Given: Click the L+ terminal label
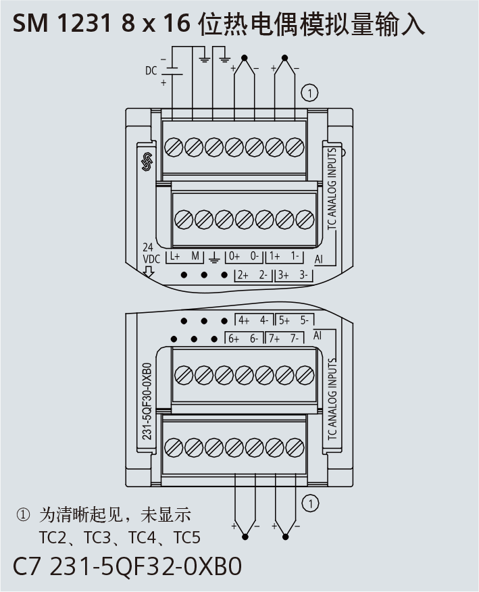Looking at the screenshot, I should tap(175, 256).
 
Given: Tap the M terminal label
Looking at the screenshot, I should tap(195, 256).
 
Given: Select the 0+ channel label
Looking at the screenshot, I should tap(234, 256).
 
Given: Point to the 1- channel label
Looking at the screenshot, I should tap(295, 256).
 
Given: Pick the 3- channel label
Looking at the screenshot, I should tap(303, 275).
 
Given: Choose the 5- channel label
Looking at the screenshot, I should tap(304, 320).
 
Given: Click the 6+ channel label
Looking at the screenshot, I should tap(234, 339).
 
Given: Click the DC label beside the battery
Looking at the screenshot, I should tap(151, 70).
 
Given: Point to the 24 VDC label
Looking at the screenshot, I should tap(149, 253).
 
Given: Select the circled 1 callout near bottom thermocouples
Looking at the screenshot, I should tap(309, 503).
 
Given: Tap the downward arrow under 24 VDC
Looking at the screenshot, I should tap(149, 272).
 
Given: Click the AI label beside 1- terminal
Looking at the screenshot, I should tap(319, 259).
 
